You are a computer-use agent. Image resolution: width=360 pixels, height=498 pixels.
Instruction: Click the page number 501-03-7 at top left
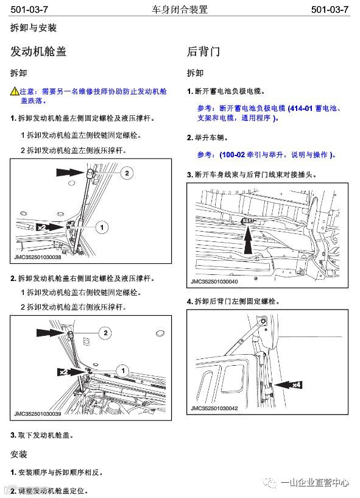pyautogui.click(x=29, y=10)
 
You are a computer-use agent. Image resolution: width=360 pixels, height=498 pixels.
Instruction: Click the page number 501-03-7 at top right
pyautogui.click(x=330, y=10)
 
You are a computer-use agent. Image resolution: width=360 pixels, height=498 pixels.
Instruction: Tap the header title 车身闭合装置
pyautogui.click(x=179, y=10)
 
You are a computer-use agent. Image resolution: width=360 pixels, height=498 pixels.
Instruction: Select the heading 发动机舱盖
pyautogui.click(x=38, y=51)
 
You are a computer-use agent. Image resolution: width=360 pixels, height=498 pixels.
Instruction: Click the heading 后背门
pyautogui.click(x=203, y=51)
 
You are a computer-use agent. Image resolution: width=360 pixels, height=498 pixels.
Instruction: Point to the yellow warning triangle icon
pyautogui.click(x=15, y=91)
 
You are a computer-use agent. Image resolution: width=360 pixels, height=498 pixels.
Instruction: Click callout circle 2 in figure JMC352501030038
pyautogui.click(x=127, y=173)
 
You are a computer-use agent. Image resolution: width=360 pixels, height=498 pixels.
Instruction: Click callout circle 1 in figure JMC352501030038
pyautogui.click(x=102, y=227)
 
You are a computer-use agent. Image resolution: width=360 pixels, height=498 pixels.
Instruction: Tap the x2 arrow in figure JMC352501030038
pyautogui.click(x=50, y=227)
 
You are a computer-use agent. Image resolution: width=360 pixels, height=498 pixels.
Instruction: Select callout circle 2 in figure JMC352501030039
pyautogui.click(x=105, y=333)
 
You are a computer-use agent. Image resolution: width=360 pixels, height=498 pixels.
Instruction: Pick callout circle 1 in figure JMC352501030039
pyautogui.click(x=123, y=371)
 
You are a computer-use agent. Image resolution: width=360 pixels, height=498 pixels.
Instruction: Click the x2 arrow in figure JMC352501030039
pyautogui.click(x=71, y=372)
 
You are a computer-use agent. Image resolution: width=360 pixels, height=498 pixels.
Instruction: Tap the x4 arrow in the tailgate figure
pyautogui.click(x=288, y=385)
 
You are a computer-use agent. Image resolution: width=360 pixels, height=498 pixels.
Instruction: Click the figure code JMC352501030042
pyautogui.click(x=214, y=408)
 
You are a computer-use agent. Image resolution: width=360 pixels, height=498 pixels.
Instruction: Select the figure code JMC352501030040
pyautogui.click(x=214, y=282)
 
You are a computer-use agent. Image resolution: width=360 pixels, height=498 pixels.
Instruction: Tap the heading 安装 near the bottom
pyautogui.click(x=19, y=454)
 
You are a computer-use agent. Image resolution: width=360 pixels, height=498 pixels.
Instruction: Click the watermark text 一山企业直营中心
pyautogui.click(x=315, y=483)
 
